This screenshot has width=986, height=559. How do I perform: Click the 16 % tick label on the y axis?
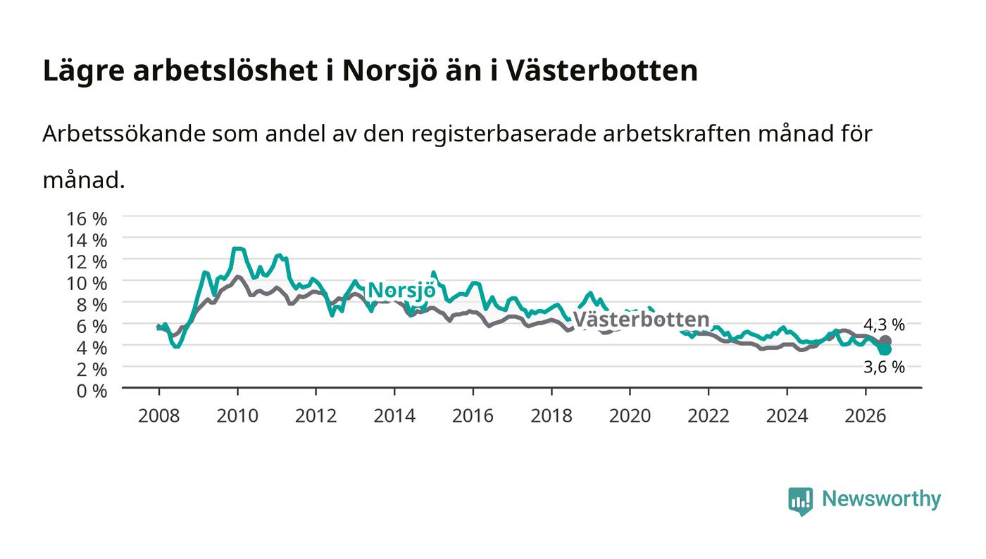click(87, 219)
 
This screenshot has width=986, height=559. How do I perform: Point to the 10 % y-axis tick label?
click(87, 284)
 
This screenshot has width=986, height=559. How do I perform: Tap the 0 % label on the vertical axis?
click(92, 391)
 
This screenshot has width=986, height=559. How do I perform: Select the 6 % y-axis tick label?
click(92, 327)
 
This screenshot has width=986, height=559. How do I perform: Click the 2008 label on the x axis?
click(159, 416)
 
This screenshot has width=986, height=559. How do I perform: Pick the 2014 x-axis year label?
click(394, 416)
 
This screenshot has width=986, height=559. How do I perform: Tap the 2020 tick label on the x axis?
click(630, 416)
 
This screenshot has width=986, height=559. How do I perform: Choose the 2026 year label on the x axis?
click(866, 416)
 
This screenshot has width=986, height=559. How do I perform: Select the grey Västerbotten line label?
click(642, 320)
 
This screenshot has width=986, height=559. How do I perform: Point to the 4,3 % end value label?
click(884, 325)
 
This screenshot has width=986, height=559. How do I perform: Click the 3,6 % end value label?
click(884, 367)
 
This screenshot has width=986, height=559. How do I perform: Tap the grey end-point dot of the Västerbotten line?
click(885, 341)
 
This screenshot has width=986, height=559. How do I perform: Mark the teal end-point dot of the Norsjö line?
click(885, 349)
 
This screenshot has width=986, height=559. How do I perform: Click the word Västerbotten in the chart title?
click(601, 70)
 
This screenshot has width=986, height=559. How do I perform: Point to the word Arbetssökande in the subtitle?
click(124, 133)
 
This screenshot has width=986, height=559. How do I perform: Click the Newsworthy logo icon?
click(800, 501)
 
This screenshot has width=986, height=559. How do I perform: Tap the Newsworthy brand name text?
click(881, 500)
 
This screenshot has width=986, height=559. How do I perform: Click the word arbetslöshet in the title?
click(225, 70)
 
